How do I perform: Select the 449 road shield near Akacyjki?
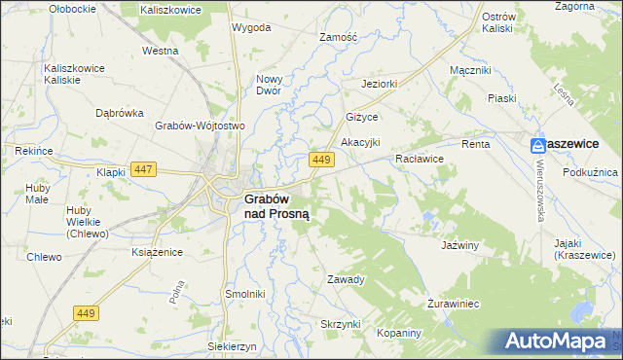(323, 159)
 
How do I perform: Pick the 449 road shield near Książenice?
(85, 311)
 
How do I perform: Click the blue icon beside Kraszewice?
(538, 145)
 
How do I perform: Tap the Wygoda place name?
(251, 27)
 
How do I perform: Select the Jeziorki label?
(380, 84)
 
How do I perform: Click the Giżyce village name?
(362, 117)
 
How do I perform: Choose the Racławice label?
(420, 158)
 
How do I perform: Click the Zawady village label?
(346, 279)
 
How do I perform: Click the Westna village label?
(160, 50)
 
